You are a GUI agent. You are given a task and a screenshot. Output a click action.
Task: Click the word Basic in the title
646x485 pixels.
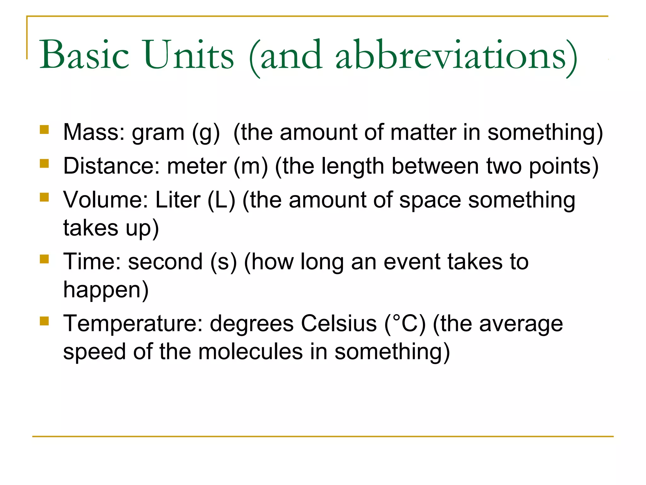point(84,55)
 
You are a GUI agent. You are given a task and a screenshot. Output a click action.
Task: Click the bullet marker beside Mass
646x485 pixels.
point(44,130)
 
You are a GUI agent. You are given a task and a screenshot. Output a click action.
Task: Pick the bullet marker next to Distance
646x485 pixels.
point(44,164)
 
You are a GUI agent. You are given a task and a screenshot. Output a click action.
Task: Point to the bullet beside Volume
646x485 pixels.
point(44,197)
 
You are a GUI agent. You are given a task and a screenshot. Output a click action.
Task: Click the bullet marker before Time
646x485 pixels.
point(44,259)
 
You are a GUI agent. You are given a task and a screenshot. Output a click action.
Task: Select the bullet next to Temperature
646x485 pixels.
point(44,321)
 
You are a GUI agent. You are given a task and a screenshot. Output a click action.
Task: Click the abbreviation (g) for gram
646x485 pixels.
point(206,133)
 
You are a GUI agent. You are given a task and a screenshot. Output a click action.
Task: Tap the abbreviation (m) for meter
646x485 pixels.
point(250,166)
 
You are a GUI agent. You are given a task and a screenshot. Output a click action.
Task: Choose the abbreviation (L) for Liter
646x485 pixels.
point(221,200)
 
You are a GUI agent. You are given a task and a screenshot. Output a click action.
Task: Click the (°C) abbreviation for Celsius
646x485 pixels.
point(405,324)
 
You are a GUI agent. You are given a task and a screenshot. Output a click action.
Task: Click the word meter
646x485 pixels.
point(197,166)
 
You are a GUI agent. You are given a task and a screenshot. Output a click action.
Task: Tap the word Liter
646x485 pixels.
point(178,200)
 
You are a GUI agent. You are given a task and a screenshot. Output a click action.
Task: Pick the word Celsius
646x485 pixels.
point(339,324)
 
